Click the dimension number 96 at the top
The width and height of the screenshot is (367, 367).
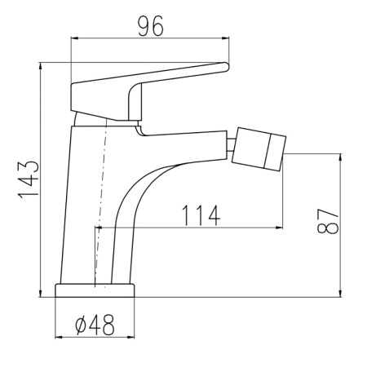click(x=151, y=26)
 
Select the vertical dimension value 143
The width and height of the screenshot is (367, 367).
click(x=29, y=179)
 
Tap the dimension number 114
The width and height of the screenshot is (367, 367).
click(x=201, y=215)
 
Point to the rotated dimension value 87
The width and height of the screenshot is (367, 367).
click(x=328, y=221)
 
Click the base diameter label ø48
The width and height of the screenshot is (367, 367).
click(x=95, y=325)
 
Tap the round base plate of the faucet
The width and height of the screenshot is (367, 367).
click(x=95, y=290)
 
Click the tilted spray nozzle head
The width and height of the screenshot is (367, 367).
click(x=259, y=149)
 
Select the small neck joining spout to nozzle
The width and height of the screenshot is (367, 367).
click(x=231, y=144)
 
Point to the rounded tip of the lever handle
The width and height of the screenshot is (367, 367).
click(x=226, y=67)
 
